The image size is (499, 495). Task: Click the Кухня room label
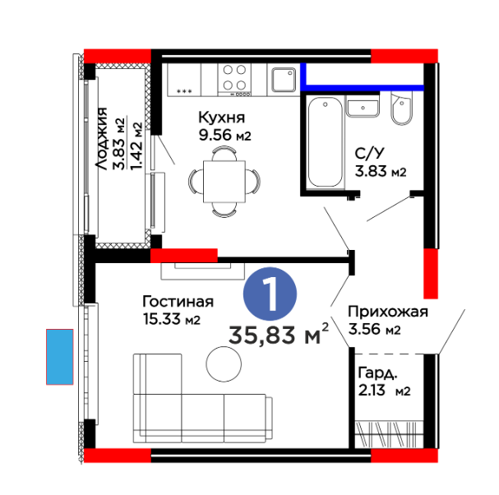tap(221, 118)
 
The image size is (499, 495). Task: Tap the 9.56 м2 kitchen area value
tap(225, 135)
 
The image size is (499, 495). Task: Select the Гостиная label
tap(178, 302)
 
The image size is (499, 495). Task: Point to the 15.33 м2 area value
tap(172, 319)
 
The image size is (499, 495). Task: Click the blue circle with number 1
tap(270, 294)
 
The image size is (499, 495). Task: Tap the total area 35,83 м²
tap(279, 334)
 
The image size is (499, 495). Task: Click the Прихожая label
tap(388, 312)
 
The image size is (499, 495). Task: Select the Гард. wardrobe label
tap(378, 373)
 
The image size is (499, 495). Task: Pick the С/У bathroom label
tap(369, 154)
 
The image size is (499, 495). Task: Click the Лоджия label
tap(102, 139)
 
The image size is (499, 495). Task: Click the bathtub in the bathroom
tap(326, 142)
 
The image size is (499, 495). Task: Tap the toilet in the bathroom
tap(402, 109)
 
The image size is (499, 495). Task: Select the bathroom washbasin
tap(363, 106)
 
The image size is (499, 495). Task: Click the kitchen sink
tap(284, 80)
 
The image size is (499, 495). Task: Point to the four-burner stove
tap(234, 79)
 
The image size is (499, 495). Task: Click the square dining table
tap(224, 182)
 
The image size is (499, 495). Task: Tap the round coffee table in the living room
tap(224, 363)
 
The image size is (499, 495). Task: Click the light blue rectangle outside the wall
tap(59, 357)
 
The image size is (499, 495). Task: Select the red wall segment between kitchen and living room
tap(184, 255)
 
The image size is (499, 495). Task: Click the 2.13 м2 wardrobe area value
tap(384, 391)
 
